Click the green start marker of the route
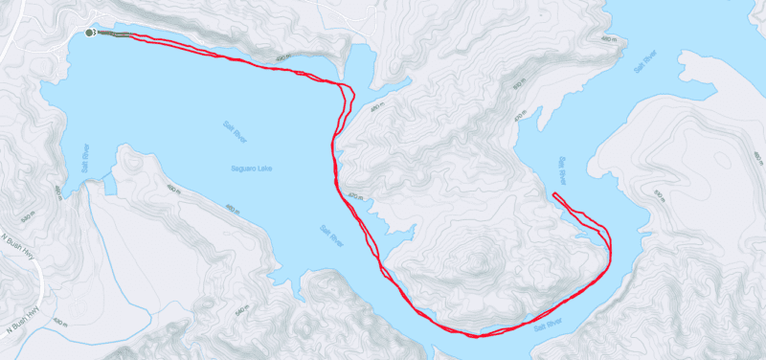(89, 33)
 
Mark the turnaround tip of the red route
(554, 195)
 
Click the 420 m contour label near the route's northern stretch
(281, 59)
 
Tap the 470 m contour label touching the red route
(355, 197)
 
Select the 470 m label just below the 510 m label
(521, 117)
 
